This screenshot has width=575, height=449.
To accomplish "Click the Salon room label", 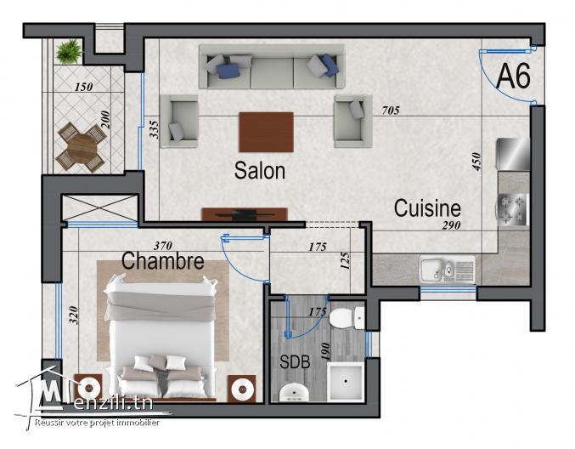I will pyautogui.click(x=260, y=171).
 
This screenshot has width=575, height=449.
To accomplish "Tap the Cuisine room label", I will pyautogui.click(x=426, y=208).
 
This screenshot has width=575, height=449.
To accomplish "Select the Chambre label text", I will pyautogui.click(x=162, y=261).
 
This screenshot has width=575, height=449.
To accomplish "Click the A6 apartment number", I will pyautogui.click(x=513, y=77).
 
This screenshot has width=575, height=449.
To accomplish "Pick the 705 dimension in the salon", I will pyautogui.click(x=392, y=111).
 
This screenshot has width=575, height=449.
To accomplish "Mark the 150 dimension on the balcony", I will pyautogui.click(x=83, y=88).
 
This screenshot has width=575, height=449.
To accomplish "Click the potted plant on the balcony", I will pyautogui.click(x=66, y=52).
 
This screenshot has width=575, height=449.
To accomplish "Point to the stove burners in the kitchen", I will pyautogui.click(x=514, y=210).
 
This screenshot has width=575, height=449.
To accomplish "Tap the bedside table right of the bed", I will pyautogui.click(x=242, y=388).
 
